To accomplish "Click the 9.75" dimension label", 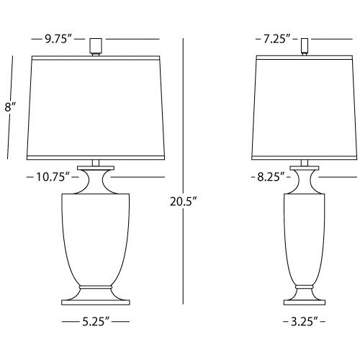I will (x=60, y=40).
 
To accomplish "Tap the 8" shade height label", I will (x=10, y=108).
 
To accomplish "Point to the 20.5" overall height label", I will (x=183, y=204).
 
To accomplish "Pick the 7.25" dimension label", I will (x=276, y=40).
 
